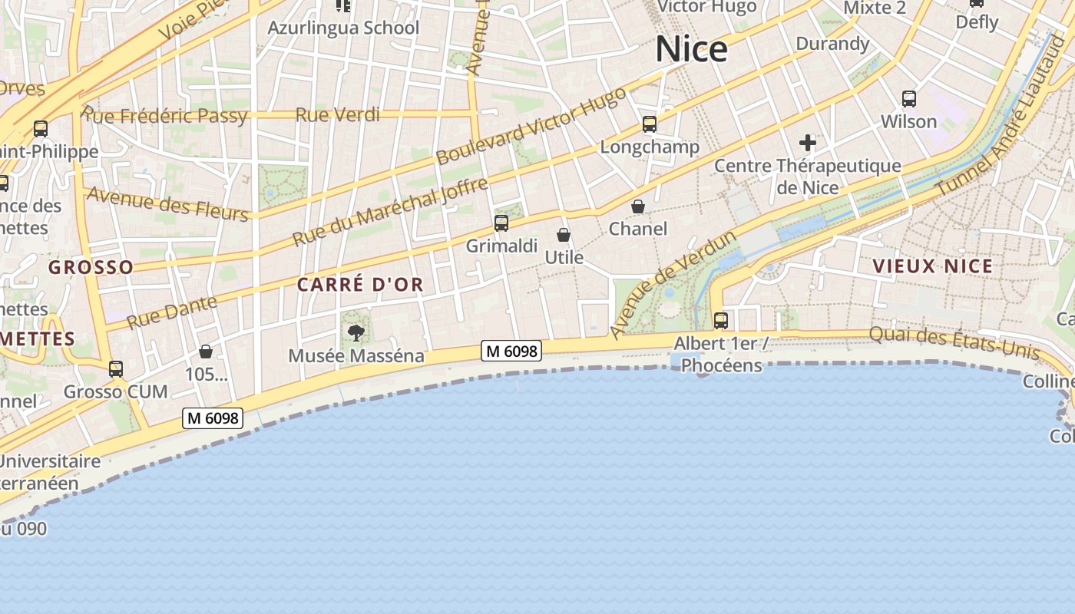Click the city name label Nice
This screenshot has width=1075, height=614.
point(691,49)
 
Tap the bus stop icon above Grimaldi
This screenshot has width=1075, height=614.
point(501,223)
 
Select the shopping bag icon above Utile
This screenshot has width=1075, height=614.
point(564,235)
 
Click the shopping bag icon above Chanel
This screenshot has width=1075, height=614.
point(638,206)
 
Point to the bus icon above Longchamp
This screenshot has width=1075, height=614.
point(650,124)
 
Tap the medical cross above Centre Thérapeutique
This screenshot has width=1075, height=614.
point(807,143)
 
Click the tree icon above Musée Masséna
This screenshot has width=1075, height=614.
point(356,332)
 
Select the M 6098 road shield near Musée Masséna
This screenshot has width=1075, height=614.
point(511,351)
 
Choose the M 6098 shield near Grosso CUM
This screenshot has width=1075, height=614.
point(213,418)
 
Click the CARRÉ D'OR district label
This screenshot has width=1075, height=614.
point(360,285)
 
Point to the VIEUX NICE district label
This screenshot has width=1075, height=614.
point(932,266)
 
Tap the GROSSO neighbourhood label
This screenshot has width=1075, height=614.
point(91,267)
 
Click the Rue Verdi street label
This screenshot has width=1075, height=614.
point(338,115)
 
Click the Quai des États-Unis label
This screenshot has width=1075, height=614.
point(954,342)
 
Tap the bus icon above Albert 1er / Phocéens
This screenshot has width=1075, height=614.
point(720,320)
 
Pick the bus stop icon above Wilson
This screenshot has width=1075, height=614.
point(909,99)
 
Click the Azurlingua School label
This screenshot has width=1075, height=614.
point(343,28)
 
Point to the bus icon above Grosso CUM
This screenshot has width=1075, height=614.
point(116,369)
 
